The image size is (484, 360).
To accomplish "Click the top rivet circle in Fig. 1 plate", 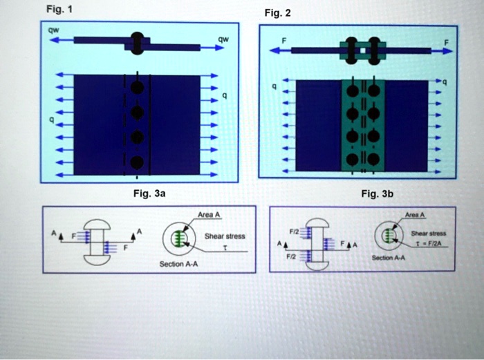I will [x=138, y=88].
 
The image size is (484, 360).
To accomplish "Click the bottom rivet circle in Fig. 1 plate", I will [x=138, y=163].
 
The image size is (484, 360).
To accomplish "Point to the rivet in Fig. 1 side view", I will [x=137, y=42].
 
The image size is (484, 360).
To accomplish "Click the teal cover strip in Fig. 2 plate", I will [x=363, y=124].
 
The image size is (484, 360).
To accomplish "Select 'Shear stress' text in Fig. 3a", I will [x=225, y=236].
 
